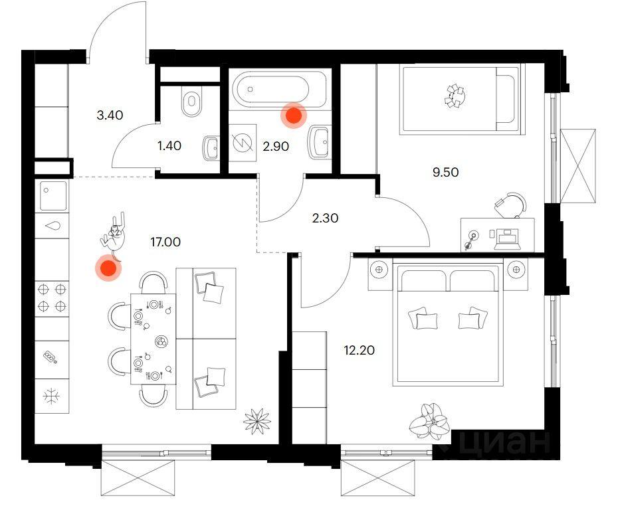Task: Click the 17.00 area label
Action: pos(165,242)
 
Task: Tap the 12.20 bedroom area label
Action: pos(359,350)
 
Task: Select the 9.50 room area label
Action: pos(445,173)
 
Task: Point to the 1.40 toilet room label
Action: pos(169,146)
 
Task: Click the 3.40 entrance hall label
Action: pos(110,115)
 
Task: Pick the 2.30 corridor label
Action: pos(325,218)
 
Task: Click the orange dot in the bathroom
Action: pos(294,116)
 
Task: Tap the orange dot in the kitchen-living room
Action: pos(108,268)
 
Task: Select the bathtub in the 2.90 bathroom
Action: pos(279,89)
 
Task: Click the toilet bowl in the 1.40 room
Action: pos(191,101)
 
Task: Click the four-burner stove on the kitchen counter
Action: pos(52,298)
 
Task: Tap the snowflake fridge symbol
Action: pos(51,396)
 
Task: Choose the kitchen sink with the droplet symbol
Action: pos(52,226)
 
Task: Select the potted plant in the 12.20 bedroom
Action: pos(429,422)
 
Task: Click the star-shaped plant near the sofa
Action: pos(257,421)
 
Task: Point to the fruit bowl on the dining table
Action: pos(161,341)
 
